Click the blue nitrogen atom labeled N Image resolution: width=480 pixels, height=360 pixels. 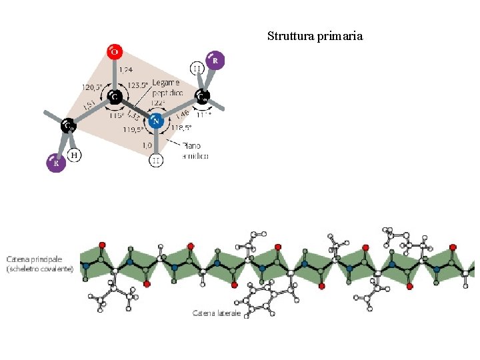155,121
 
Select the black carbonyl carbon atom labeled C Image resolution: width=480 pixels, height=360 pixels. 115,97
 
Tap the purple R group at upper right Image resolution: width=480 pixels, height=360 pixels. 214,60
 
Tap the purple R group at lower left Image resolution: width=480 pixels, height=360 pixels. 56,163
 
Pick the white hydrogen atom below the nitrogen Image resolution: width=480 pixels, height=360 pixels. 155,160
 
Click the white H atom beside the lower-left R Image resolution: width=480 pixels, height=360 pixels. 75,155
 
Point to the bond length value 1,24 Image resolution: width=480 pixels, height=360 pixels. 125,69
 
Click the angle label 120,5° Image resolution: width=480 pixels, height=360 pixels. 91,87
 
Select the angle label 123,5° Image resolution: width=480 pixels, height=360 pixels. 138,86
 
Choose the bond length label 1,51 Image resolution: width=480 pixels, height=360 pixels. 87,105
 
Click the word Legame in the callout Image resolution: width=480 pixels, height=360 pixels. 166,82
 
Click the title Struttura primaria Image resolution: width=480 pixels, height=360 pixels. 315,36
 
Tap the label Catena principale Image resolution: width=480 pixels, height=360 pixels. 35,259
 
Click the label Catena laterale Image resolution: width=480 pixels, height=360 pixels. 217,313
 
